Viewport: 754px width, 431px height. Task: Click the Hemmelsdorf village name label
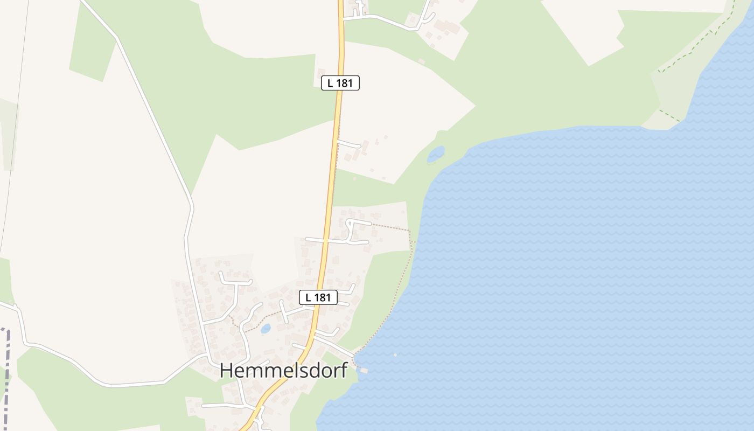pos(283,371)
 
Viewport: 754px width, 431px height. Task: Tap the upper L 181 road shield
pos(340,83)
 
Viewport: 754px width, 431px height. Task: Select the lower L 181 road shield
pos(318,297)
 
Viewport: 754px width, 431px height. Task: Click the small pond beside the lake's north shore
pos(436,154)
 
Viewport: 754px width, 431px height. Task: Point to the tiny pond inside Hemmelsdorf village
pos(266,329)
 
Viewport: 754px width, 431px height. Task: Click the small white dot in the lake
pos(395,355)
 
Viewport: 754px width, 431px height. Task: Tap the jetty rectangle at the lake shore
pos(364,370)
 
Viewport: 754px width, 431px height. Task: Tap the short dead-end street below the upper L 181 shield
pos(349,144)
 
